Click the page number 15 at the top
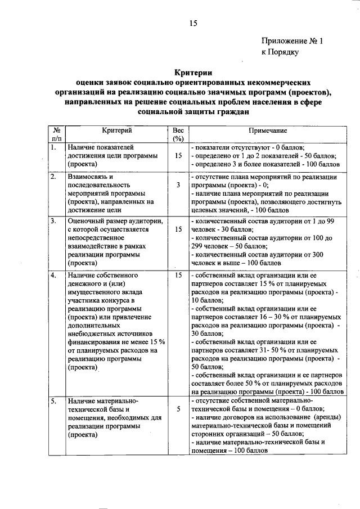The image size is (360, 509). [193, 23]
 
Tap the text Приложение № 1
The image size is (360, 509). [293, 40]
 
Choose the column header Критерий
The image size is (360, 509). [117, 130]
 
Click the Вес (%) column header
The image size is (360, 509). [178, 134]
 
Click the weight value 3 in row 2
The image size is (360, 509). [178, 184]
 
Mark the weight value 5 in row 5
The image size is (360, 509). [178, 409]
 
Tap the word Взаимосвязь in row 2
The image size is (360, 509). [87, 177]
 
